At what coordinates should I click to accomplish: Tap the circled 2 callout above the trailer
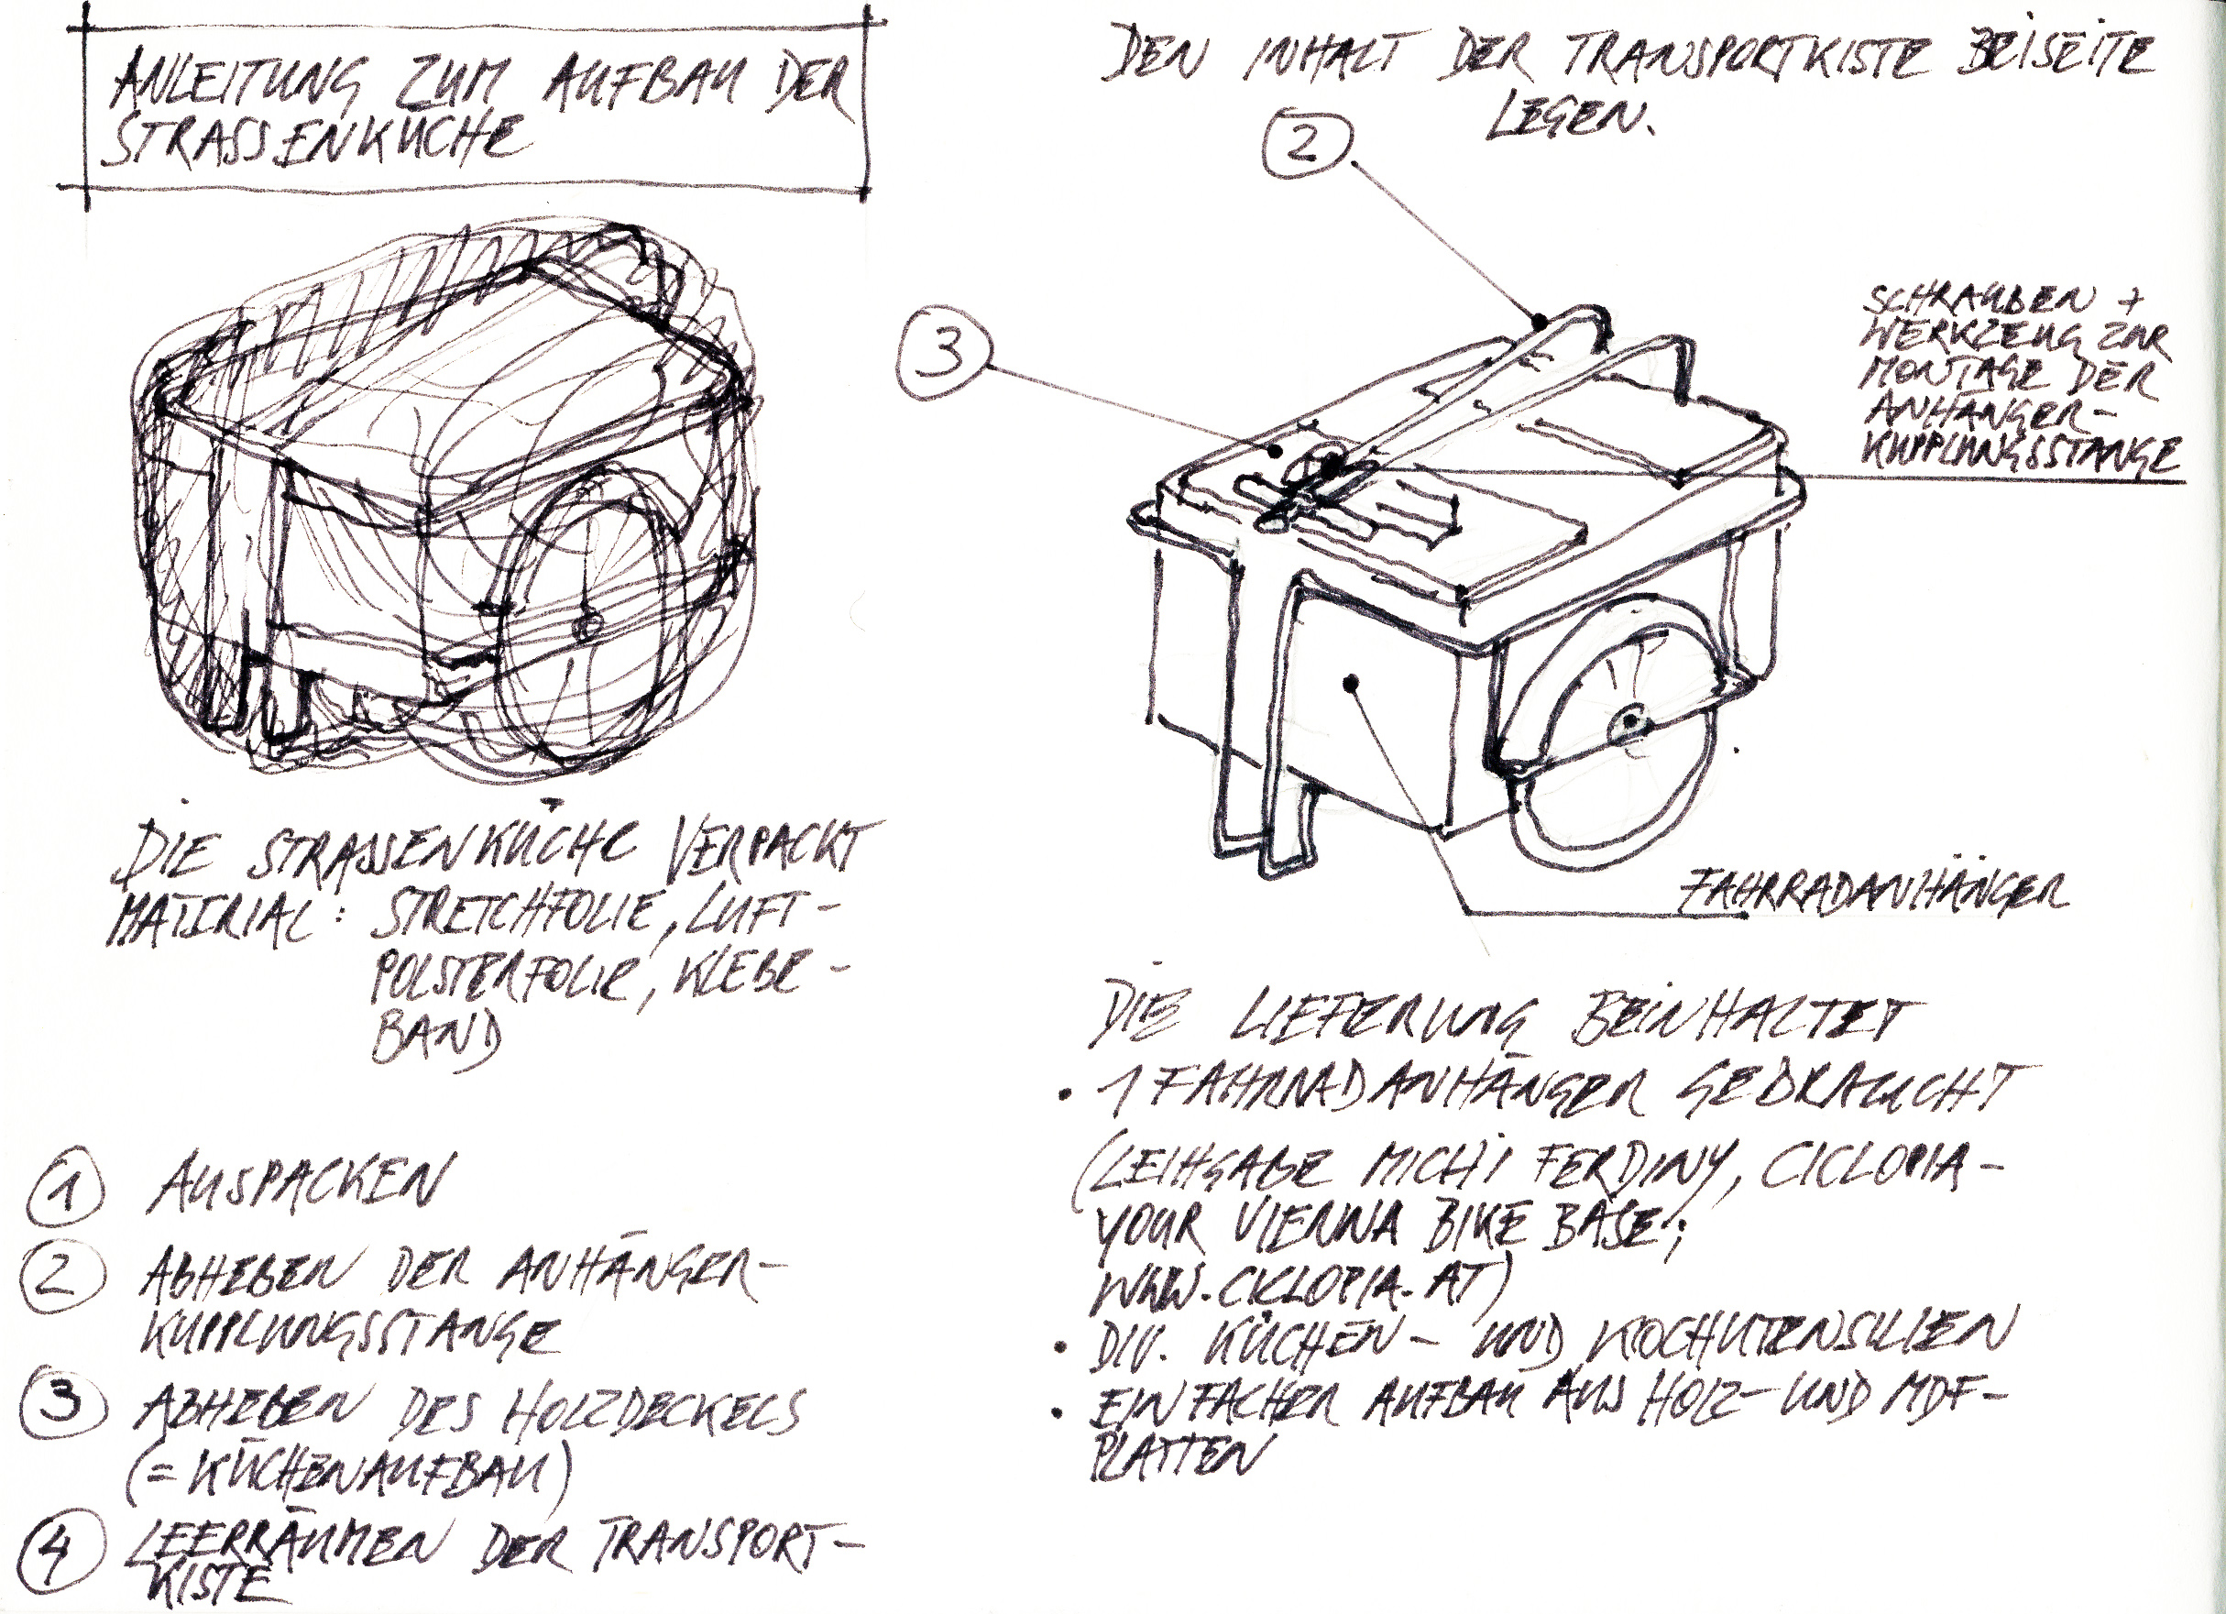(x=1306, y=147)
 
